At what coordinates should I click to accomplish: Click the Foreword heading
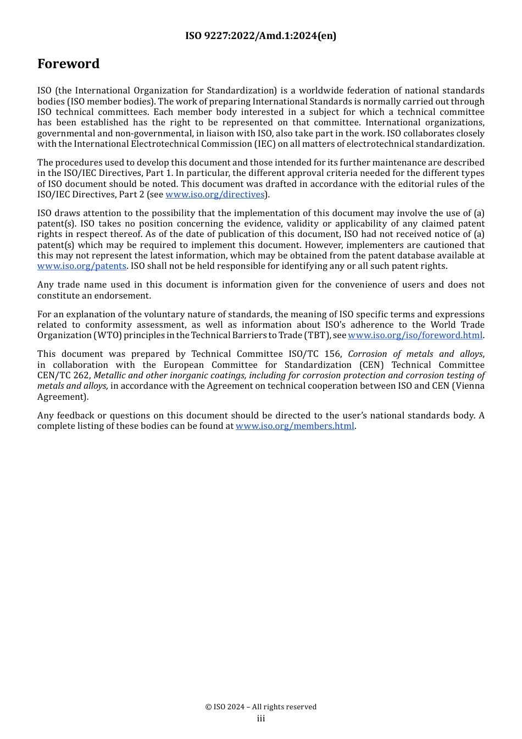coord(68,64)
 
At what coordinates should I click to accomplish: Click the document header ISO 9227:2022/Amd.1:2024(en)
coord(260,36)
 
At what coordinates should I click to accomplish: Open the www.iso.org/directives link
coord(215,195)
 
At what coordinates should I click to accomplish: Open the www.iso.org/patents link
coord(82,266)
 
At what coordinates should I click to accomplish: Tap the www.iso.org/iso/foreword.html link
coord(415,335)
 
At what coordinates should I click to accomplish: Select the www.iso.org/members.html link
coord(295,426)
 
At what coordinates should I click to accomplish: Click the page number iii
coord(261,719)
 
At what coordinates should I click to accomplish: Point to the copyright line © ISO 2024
coord(260,707)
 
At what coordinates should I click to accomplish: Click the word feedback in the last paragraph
coord(76,416)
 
